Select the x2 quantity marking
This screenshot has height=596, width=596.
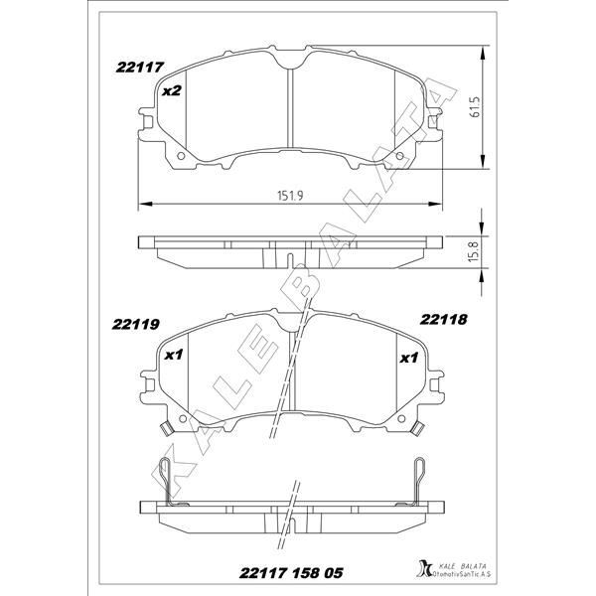click(170, 91)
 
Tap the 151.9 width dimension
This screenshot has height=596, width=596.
click(288, 196)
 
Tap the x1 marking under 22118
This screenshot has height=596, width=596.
click(407, 358)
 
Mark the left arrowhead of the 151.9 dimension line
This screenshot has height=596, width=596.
click(139, 205)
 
